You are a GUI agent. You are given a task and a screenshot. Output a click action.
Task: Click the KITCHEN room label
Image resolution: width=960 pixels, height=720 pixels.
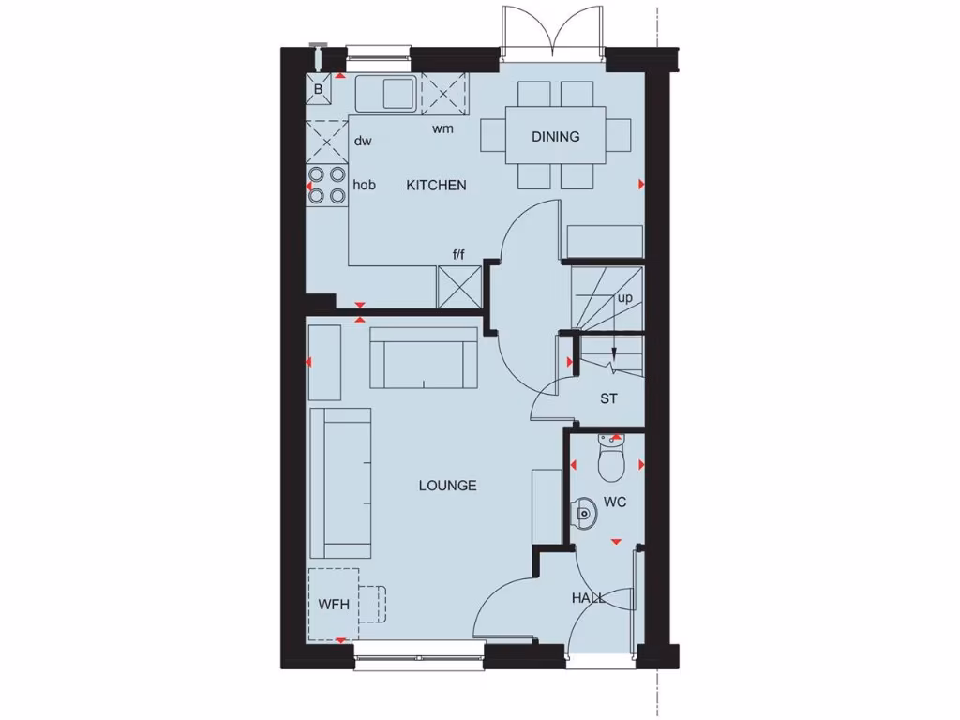coord(436,186)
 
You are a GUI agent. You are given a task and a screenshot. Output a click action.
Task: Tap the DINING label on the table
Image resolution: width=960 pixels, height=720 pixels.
coord(555,137)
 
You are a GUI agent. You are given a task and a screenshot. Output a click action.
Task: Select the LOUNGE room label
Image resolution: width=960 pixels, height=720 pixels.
coord(447,486)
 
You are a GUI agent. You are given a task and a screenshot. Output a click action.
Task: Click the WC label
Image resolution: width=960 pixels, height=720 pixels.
coord(615,502)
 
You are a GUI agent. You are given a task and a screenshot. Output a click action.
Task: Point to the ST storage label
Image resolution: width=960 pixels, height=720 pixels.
coord(609,398)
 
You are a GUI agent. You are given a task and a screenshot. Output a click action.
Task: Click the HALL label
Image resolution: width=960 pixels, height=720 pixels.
coord(588,597)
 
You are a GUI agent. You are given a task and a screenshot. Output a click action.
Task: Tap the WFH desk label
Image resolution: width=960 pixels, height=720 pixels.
coord(333,605)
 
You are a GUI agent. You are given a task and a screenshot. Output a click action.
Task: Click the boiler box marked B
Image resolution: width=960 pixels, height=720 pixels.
coord(319,90)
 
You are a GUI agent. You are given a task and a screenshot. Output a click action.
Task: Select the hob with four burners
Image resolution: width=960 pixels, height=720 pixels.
coord(326,185)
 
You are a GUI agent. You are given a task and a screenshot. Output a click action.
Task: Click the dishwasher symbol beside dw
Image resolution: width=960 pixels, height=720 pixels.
coord(326,142)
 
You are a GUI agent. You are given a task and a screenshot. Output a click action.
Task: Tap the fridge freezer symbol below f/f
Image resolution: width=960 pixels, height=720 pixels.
coord(459,286)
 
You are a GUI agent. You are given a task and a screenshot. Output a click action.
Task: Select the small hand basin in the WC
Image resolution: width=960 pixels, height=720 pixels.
coord(583,512)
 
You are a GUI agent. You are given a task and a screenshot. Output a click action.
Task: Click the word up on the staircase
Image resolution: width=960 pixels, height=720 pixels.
coord(624,298)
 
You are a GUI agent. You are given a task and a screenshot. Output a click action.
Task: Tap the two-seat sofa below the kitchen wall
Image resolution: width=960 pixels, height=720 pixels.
coord(424,357)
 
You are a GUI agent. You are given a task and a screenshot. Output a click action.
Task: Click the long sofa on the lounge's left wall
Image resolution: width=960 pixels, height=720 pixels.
coord(340,483)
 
